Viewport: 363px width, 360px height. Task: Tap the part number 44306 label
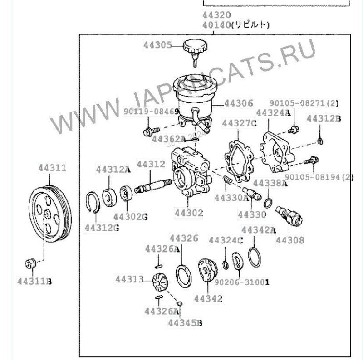239,104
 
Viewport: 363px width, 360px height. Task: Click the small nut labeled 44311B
30,263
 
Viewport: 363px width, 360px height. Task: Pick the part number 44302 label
188,212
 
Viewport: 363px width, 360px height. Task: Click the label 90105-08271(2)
304,103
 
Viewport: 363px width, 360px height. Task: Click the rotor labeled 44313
160,282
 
